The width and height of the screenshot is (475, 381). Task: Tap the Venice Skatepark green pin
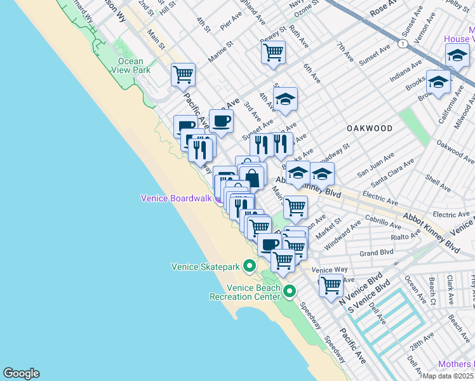pyautogui.click(x=250, y=266)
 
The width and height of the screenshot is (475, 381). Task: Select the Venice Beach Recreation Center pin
pyautogui.click(x=290, y=291)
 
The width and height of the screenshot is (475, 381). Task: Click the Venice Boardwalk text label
pyautogui.click(x=176, y=198)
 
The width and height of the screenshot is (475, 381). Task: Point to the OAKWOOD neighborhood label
pyautogui.click(x=370, y=128)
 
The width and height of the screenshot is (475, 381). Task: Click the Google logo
pyautogui.click(x=21, y=373)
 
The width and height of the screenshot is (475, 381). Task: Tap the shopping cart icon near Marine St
pyautogui.click(x=183, y=74)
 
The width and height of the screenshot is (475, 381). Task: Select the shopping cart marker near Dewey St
pyautogui.click(x=273, y=52)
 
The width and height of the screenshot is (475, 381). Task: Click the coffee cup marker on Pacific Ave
pyautogui.click(x=221, y=121)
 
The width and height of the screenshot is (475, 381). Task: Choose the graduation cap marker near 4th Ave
pyautogui.click(x=286, y=98)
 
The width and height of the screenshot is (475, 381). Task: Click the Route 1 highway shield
pyautogui.click(x=403, y=44)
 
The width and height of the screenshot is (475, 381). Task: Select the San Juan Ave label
pyautogui.click(x=375, y=164)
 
